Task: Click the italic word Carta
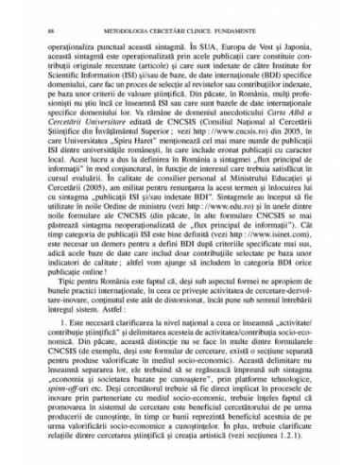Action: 284,144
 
